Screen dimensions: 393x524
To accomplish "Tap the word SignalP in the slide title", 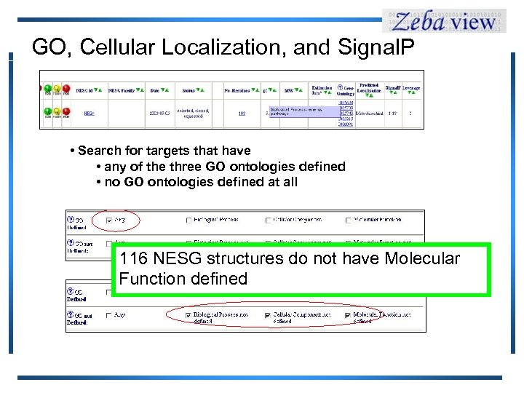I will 374,47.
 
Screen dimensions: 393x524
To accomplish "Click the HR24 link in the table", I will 89,113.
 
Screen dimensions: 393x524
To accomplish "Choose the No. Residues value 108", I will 242,113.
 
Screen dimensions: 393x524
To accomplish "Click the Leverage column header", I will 411,89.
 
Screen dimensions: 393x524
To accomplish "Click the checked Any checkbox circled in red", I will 110,219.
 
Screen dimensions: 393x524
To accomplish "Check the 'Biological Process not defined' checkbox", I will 188,315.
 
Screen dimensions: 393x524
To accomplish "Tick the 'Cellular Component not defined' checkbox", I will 268,315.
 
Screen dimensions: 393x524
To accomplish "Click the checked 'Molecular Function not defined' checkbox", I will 347,315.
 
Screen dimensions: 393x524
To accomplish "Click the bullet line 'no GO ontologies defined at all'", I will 200,182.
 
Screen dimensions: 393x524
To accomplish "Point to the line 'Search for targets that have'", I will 164,151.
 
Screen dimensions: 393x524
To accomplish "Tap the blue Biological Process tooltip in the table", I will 302,111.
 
